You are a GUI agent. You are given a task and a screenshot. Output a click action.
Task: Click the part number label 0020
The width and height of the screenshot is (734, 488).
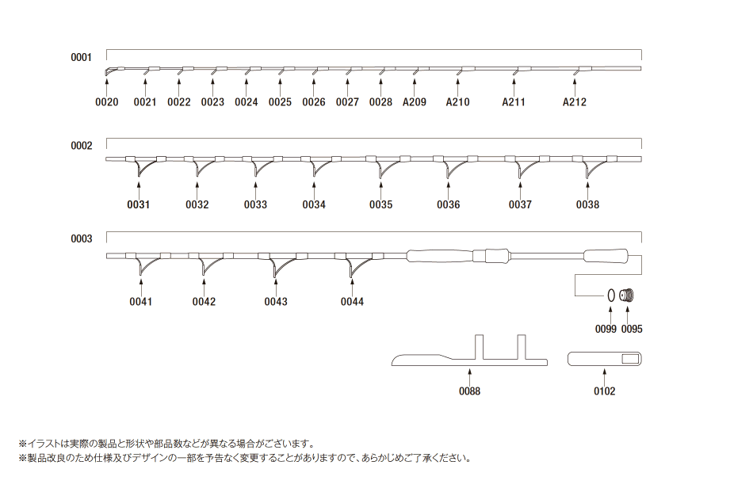click(x=107, y=102)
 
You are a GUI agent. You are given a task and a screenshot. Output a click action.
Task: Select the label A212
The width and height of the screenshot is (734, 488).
click(x=575, y=102)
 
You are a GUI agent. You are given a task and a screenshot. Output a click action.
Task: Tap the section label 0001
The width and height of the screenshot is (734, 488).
click(x=82, y=57)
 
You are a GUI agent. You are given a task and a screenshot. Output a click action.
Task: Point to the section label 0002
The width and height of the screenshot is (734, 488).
click(x=82, y=146)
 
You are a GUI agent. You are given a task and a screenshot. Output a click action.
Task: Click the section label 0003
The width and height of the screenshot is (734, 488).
click(x=82, y=238)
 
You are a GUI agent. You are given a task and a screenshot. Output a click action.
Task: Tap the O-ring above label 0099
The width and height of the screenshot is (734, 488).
click(x=611, y=295)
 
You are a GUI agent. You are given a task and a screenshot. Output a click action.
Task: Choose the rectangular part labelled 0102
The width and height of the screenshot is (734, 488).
click(x=605, y=359)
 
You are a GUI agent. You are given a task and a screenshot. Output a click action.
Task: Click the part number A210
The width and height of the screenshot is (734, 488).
click(x=458, y=102)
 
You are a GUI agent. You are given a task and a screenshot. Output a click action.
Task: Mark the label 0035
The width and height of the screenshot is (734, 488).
click(x=380, y=205)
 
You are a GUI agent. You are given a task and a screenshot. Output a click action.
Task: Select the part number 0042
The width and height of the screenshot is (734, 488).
click(x=204, y=302)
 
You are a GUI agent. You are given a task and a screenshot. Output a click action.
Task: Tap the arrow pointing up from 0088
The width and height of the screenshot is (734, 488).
click(x=469, y=376)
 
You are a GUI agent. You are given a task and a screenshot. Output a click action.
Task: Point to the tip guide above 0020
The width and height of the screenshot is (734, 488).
click(x=110, y=72)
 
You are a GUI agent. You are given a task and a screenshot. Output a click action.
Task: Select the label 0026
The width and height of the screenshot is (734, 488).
click(x=313, y=102)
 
